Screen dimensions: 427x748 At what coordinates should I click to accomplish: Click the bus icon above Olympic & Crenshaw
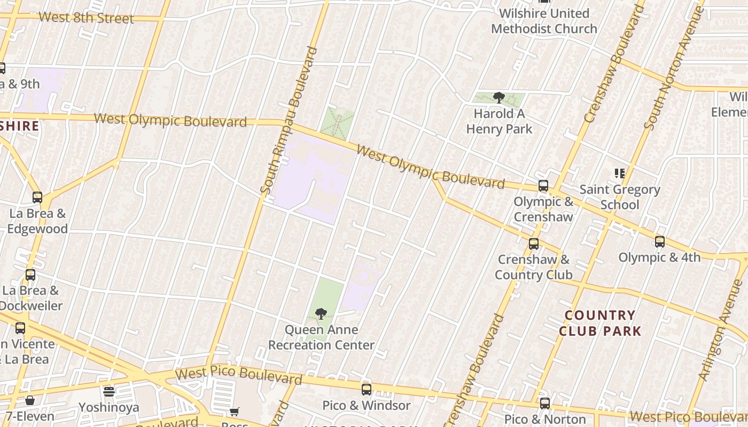[543, 186]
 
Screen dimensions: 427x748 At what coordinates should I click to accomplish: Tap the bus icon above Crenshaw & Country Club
[533, 244]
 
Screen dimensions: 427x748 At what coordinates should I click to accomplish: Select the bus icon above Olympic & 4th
[660, 242]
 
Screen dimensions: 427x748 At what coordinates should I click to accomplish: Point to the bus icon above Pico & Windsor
[366, 390]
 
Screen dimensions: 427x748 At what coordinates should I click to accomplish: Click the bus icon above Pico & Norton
[544, 404]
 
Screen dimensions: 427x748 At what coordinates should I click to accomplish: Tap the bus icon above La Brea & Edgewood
[37, 197]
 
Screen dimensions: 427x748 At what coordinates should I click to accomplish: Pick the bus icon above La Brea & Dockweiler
[30, 275]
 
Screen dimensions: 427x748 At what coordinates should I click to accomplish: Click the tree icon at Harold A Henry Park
[499, 98]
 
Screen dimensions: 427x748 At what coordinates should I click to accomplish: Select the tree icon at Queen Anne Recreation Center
[321, 314]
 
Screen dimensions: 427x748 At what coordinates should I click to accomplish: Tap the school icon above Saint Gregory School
[620, 173]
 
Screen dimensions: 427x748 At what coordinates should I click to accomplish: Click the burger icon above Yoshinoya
[109, 392]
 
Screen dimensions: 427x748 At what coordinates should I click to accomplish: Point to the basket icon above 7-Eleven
[30, 400]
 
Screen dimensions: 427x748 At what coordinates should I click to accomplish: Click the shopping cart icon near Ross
[234, 412]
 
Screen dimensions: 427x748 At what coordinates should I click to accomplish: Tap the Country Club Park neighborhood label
[600, 323]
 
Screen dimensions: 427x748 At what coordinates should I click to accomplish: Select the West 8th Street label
[86, 18]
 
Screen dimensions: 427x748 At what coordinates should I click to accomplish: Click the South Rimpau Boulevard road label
[289, 120]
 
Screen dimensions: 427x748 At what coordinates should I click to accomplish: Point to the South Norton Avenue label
[672, 83]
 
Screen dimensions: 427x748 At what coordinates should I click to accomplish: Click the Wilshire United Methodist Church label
[544, 21]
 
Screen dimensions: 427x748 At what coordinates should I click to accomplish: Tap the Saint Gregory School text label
[620, 197]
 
